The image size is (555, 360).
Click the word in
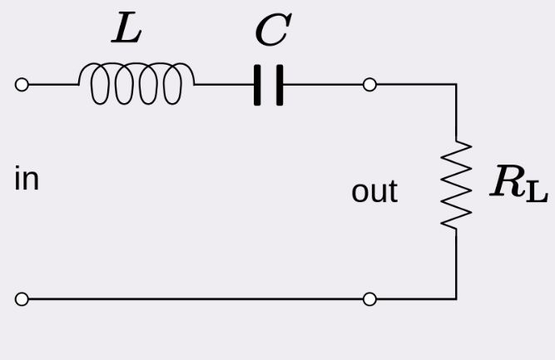(x=27, y=180)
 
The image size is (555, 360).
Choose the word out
(x=374, y=191)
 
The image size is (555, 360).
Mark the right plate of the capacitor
(x=279, y=85)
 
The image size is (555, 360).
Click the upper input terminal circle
(x=22, y=85)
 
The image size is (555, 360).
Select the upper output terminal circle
(x=370, y=85)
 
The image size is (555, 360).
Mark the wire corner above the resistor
(x=456, y=85)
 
